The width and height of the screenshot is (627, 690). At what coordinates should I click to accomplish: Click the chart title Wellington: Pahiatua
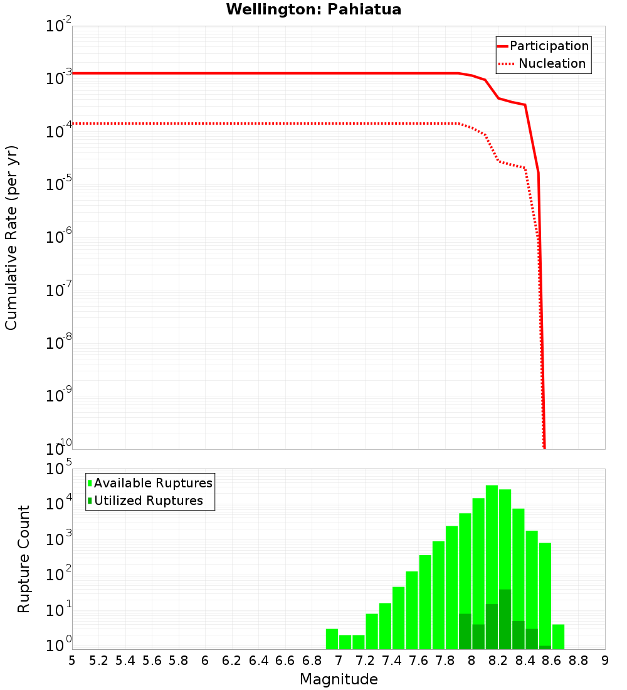point(313,9)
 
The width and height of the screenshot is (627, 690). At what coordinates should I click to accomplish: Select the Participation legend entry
point(549,46)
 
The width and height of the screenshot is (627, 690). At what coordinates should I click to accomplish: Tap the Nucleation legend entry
point(551,63)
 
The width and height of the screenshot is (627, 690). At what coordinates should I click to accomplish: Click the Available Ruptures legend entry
point(152,483)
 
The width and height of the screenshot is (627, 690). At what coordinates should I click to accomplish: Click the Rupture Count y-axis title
point(24,558)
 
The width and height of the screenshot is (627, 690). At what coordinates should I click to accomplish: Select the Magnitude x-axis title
point(339,679)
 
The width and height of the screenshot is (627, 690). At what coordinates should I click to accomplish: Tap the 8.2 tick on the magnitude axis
point(498,660)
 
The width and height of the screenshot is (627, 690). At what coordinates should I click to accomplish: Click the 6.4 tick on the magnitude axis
point(258,660)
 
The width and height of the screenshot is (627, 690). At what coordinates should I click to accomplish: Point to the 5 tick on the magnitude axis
point(72,660)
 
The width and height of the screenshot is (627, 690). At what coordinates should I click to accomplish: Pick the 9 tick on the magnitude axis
point(604,660)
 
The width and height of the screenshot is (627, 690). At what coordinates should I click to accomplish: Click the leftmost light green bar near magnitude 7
point(332,639)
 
